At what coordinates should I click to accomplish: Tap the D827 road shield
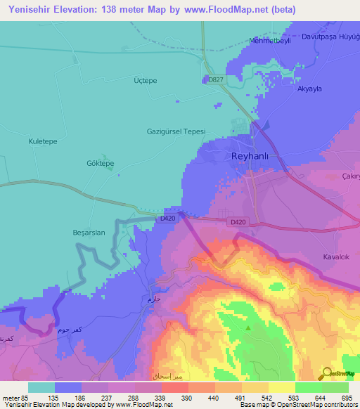pos(216,80)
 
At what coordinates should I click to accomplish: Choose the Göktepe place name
pos(99,163)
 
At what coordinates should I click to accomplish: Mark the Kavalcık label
pos(336,257)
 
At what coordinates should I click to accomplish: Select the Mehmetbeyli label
pos(270,41)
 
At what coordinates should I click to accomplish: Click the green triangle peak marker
pos(247,327)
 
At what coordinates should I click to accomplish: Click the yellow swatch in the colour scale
pos(282,387)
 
